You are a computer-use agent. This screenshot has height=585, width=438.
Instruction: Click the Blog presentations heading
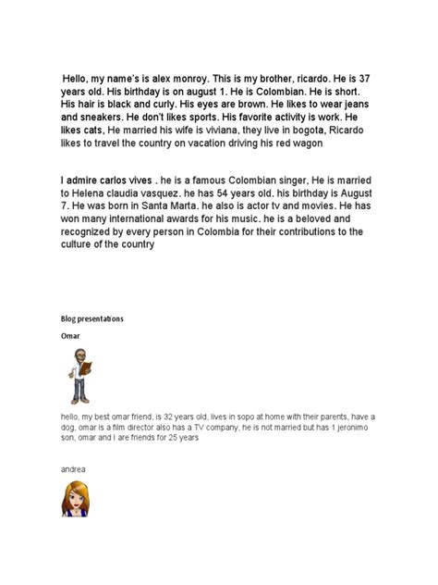pos(91,318)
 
